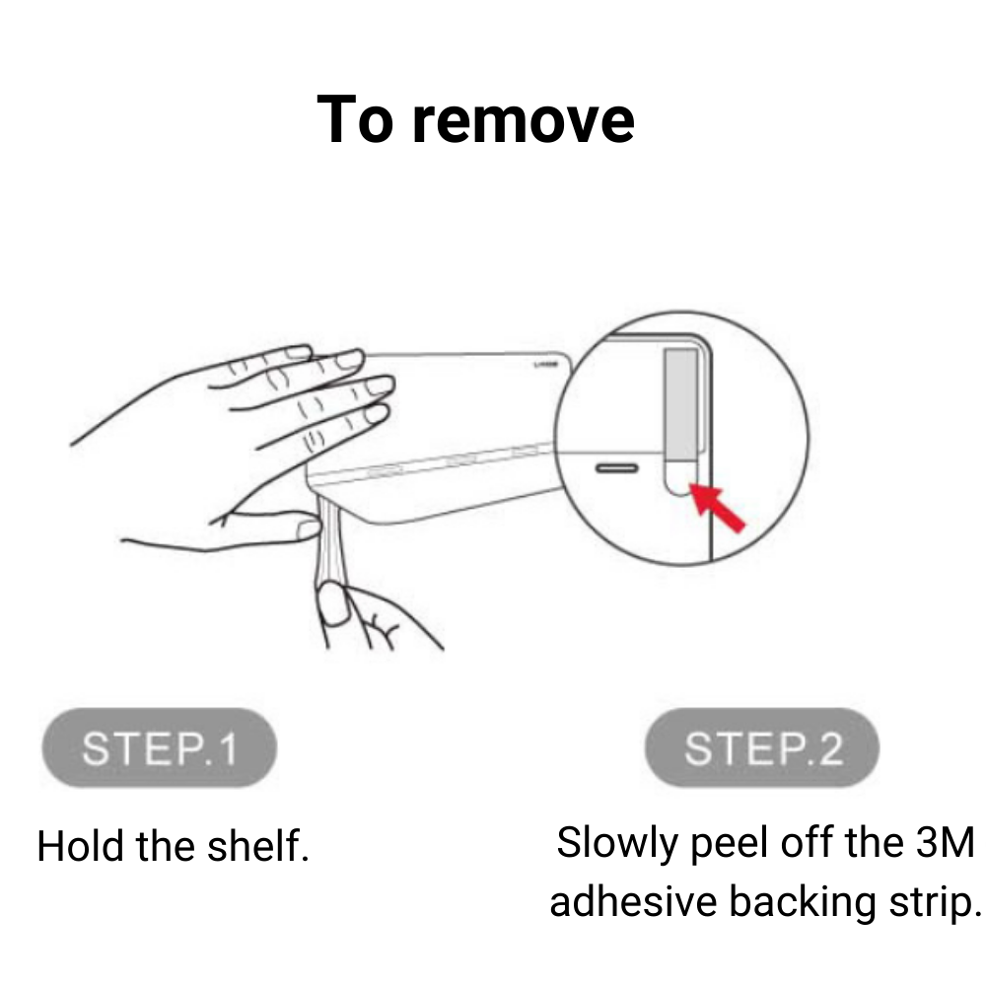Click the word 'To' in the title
355,118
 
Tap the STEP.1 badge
159,747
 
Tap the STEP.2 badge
762,747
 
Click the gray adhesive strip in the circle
681,405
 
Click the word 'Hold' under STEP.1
80,846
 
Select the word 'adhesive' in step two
633,901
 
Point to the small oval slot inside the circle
616,467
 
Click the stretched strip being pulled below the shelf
331,540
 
